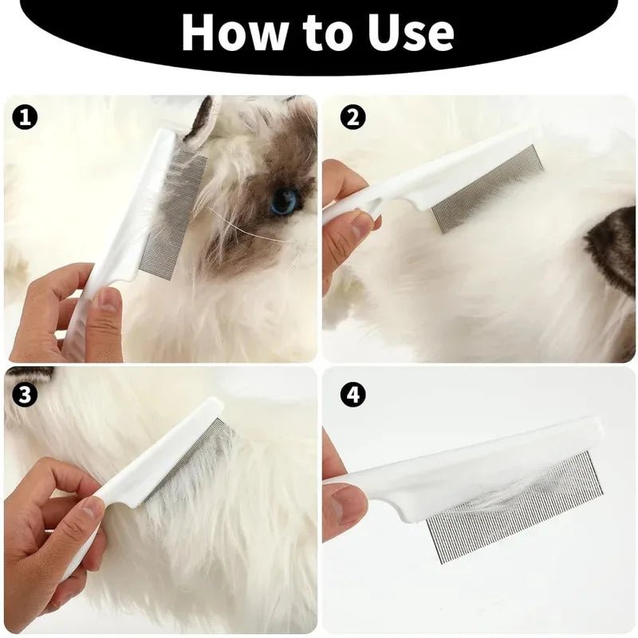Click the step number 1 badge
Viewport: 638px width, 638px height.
pyautogui.click(x=26, y=118)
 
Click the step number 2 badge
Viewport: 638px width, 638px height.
pyautogui.click(x=352, y=118)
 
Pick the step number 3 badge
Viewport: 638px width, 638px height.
pyautogui.click(x=26, y=394)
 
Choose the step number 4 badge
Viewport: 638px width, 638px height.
pyautogui.click(x=352, y=394)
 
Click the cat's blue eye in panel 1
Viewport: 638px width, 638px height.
pyautogui.click(x=283, y=201)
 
